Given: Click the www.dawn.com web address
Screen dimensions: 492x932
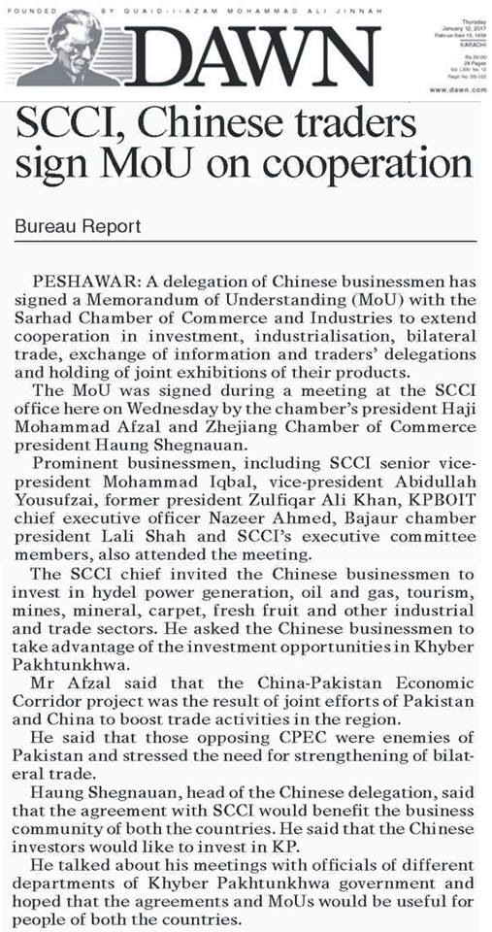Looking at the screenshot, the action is pos(455,89).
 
